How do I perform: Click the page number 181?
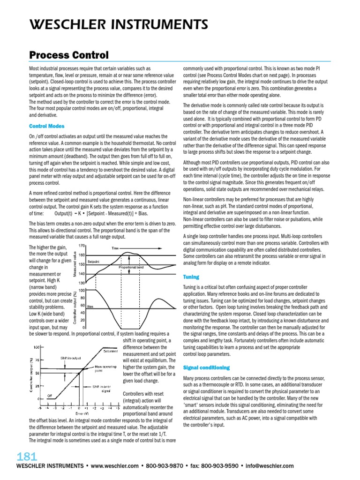pos(26,457)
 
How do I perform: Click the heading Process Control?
pos(68,55)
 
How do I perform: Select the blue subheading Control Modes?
pos(46,126)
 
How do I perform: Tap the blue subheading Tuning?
pos(191,277)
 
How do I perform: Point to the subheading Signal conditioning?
pos(206,367)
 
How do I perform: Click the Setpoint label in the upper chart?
pos(94,261)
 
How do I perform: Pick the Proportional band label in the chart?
pos(132,267)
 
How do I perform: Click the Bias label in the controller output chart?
pos(90,306)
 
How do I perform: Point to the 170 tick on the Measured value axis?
pos(82,246)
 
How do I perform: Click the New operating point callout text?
pos(106,368)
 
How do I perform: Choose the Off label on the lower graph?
pos(48,396)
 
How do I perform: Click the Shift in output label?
pos(70,357)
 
